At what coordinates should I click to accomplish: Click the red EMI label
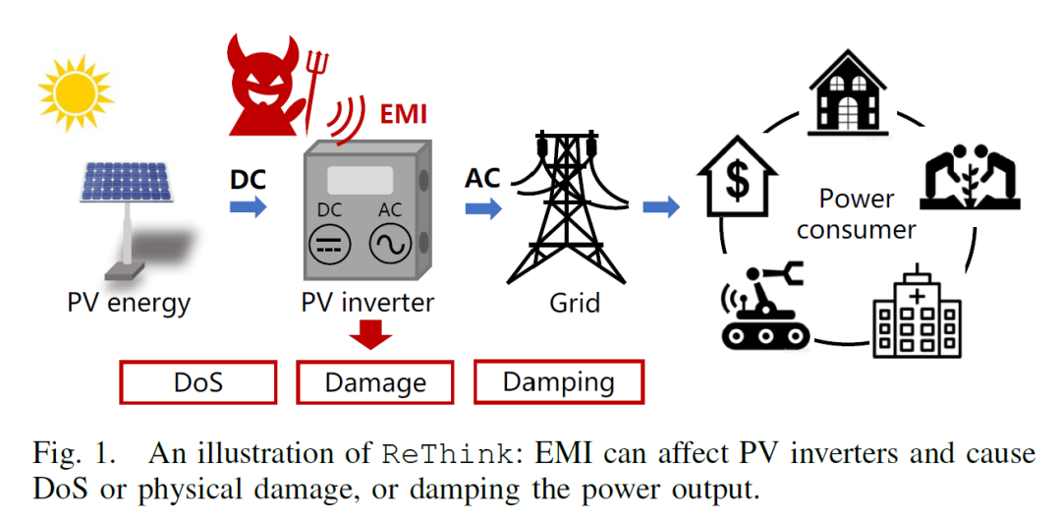point(403,115)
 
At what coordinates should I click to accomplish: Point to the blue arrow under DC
point(249,206)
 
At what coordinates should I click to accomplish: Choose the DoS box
point(197,382)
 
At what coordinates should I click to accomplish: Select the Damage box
point(374,382)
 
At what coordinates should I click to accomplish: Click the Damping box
point(558,381)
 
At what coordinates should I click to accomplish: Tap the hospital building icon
point(916,311)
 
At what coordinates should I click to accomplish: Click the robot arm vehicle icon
point(764,307)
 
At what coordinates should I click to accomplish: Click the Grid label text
point(574,302)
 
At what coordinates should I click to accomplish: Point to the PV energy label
point(129,302)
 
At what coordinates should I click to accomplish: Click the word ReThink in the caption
point(448,454)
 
